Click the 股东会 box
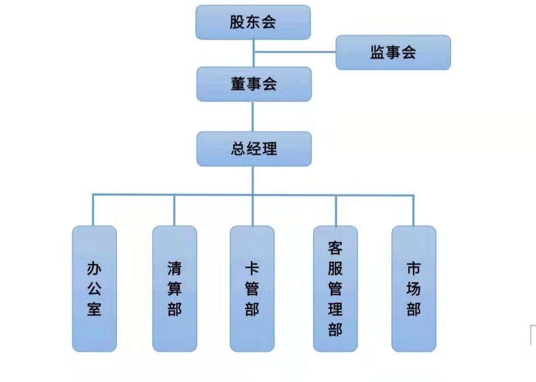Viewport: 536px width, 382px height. pos(253,23)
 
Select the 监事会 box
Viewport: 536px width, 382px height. pos(393,53)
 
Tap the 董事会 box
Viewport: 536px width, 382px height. pos(253,84)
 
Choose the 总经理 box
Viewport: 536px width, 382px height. pos(253,149)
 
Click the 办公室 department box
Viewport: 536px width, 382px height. pos(94,289)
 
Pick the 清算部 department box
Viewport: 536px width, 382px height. pos(174,289)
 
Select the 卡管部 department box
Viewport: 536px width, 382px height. pos(252,289)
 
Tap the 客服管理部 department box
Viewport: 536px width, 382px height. pos(335,289)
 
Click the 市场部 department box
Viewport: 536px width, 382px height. pos(414,289)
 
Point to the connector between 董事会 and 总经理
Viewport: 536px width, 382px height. pos(253,116)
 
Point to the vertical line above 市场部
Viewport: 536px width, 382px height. pos(414,210)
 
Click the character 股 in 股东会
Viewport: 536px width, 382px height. pos(237,23)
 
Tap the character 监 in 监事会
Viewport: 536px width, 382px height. pos(377,53)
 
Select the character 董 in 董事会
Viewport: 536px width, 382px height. pos(237,84)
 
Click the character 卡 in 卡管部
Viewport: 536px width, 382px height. pos(252,269)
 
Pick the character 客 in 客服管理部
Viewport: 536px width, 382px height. pos(335,248)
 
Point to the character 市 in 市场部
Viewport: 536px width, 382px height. pos(414,269)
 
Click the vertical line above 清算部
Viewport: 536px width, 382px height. pos(174,210)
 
